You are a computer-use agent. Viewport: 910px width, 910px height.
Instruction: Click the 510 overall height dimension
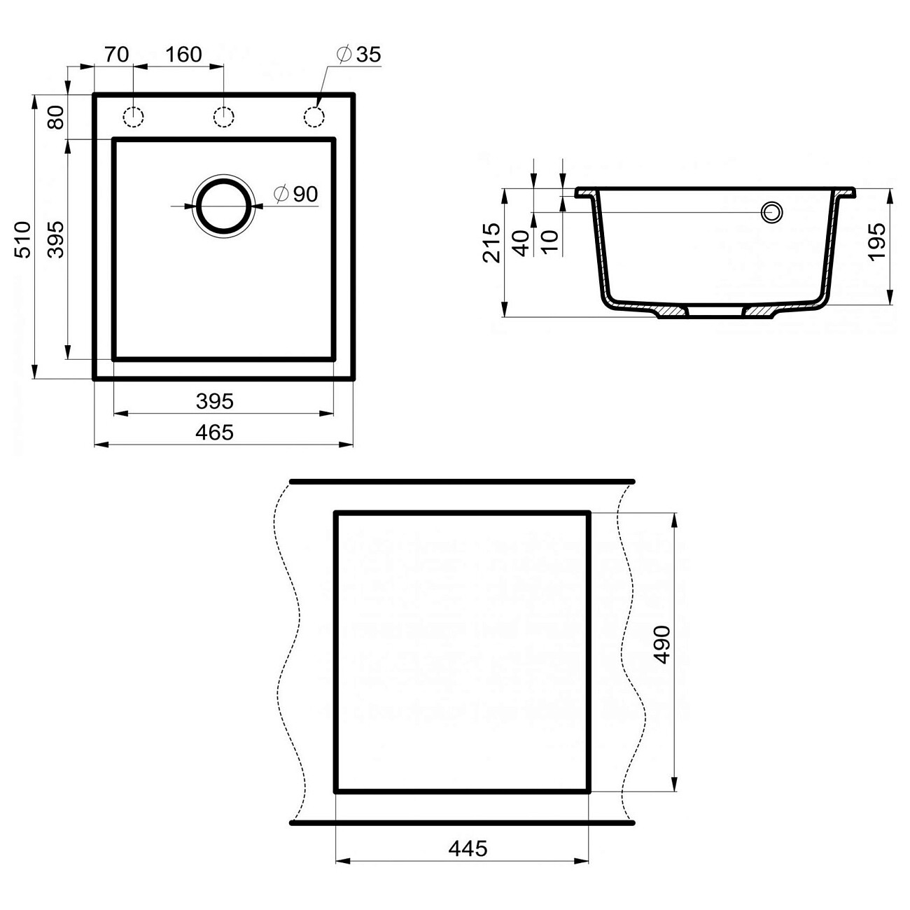(24, 239)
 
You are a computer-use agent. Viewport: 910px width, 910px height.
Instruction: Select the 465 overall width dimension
(214, 433)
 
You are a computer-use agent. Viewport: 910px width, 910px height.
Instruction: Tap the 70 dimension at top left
(116, 54)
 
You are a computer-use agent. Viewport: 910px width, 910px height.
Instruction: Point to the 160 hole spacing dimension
(184, 54)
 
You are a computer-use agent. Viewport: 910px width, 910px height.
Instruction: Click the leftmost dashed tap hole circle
(133, 117)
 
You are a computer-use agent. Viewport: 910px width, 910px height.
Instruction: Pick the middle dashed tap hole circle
(223, 117)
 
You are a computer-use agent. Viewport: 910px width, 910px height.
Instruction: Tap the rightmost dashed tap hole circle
(314, 117)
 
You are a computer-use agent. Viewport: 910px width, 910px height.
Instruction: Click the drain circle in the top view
(223, 207)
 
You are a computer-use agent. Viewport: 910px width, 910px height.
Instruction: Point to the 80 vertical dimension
(56, 117)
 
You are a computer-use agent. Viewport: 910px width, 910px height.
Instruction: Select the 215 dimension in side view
(492, 242)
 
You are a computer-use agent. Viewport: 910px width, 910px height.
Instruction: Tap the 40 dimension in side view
(521, 242)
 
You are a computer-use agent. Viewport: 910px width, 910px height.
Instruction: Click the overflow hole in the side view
(772, 211)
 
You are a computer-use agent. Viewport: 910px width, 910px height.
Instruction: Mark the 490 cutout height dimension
(662, 645)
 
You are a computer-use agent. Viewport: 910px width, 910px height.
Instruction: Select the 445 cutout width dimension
(468, 848)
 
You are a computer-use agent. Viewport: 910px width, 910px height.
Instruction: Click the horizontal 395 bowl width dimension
(214, 401)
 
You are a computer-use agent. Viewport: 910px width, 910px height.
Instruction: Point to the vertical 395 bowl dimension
(56, 239)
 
